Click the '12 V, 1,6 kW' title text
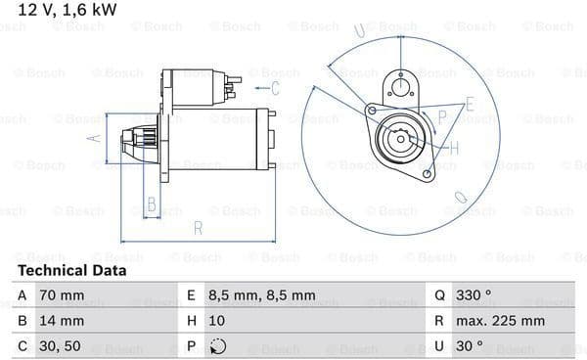pyautogui.click(x=68, y=10)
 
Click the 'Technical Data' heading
pyautogui.click(x=71, y=271)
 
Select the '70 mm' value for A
pyautogui.click(x=62, y=295)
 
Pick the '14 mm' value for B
pyautogui.click(x=62, y=321)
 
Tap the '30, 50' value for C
pyautogui.click(x=60, y=346)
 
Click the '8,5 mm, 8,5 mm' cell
pyautogui.click(x=262, y=295)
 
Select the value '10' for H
pyautogui.click(x=217, y=321)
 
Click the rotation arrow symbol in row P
pyautogui.click(x=218, y=346)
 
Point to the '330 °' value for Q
pyautogui.click(x=474, y=295)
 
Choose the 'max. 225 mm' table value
pyautogui.click(x=500, y=321)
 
